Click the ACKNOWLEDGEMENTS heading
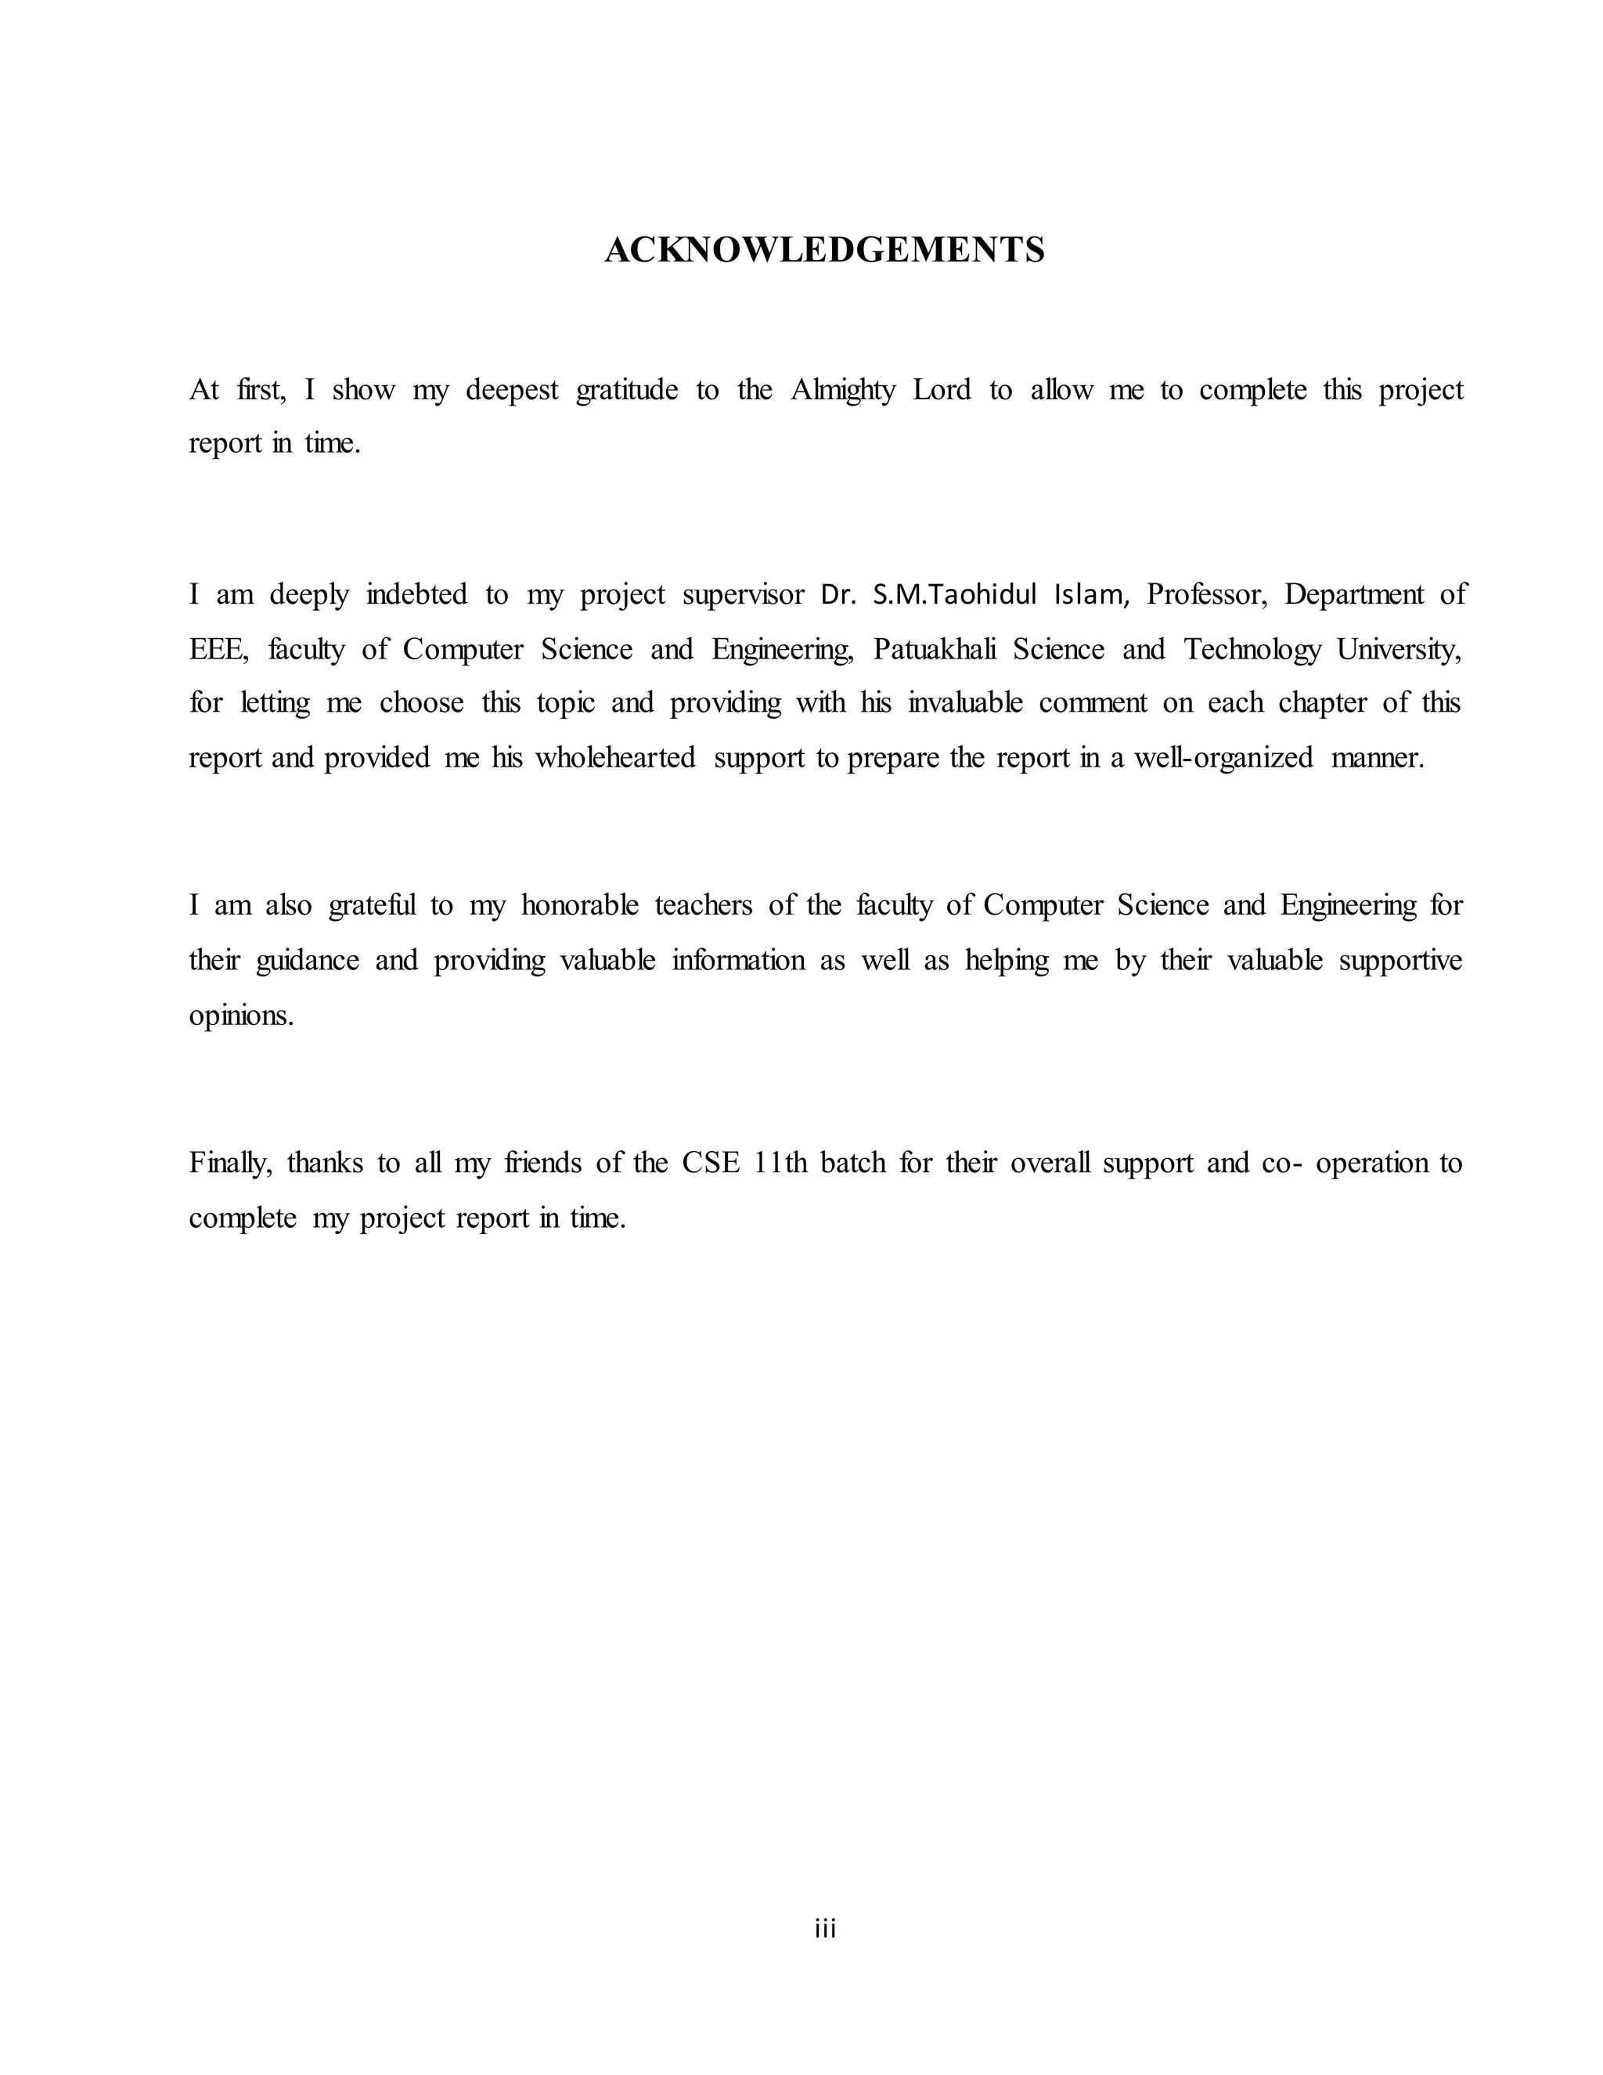point(824,250)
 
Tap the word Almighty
point(842,391)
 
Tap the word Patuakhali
point(935,650)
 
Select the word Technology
point(1252,650)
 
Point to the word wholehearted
point(615,758)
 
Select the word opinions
point(241,1016)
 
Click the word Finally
point(231,1163)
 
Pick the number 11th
point(780,1163)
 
